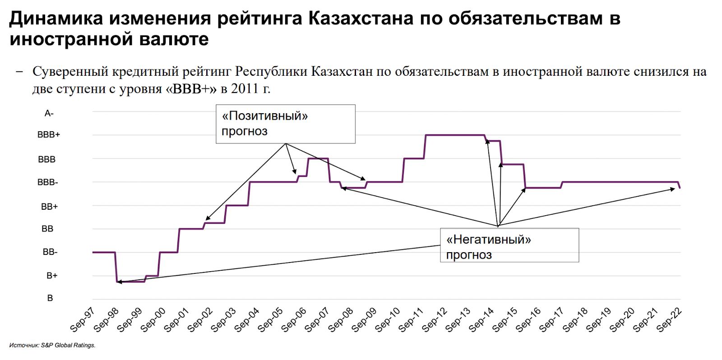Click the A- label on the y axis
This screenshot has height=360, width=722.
click(49, 114)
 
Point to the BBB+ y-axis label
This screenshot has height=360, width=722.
click(48, 135)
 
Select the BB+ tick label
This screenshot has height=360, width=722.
click(49, 207)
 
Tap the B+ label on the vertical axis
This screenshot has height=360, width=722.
click(52, 276)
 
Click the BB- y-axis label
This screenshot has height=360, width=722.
click(50, 252)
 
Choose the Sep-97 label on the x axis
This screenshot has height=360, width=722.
click(83, 319)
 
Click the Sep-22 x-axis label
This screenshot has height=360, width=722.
click(669, 319)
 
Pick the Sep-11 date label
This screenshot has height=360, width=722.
click(411, 319)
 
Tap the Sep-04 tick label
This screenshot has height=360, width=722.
click(247, 319)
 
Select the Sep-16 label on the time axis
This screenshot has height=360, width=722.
click(528, 319)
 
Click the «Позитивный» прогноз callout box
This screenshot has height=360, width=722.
click(285, 124)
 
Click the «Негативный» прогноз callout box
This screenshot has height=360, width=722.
click(509, 245)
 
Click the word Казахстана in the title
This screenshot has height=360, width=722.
click(361, 18)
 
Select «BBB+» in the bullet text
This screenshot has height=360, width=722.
click(191, 88)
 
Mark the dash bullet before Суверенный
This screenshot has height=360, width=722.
click(19, 71)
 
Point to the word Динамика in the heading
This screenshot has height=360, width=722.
click(56, 18)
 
